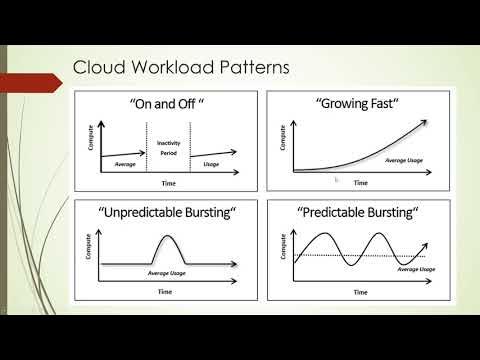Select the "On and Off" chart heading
point(169,104)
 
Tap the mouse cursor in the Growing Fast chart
point(337,180)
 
